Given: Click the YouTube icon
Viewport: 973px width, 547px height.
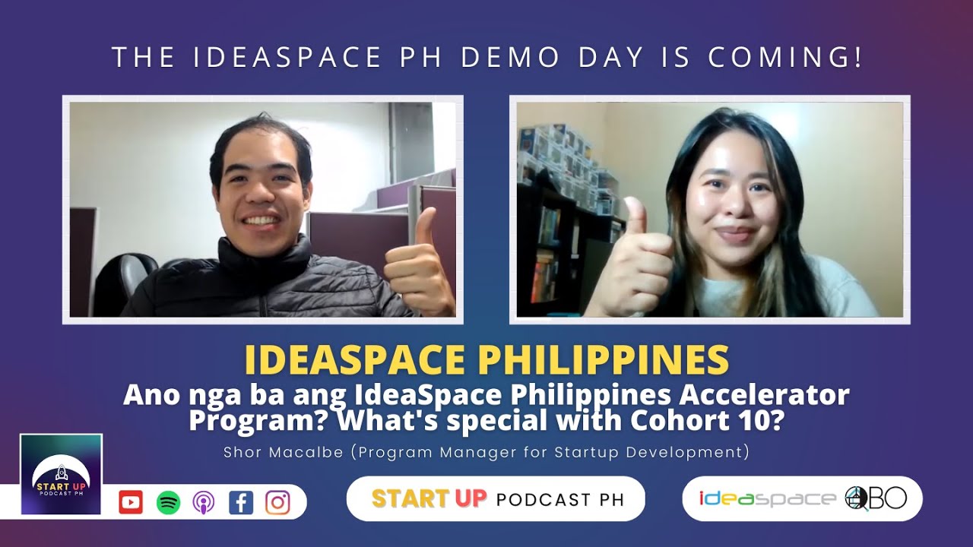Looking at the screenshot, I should pyautogui.click(x=131, y=502).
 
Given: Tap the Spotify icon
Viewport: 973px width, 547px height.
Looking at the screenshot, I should pyautogui.click(x=168, y=502).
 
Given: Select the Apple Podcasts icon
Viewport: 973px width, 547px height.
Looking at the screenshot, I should pyautogui.click(x=203, y=502).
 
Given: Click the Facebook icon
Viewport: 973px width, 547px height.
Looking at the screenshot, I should pyautogui.click(x=240, y=502).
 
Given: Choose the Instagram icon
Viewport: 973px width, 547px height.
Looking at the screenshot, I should pyautogui.click(x=277, y=502).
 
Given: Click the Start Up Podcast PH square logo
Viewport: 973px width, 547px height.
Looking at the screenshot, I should pyautogui.click(x=61, y=474).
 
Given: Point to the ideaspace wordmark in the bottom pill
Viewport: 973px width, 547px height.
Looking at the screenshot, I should pyautogui.click(x=768, y=498).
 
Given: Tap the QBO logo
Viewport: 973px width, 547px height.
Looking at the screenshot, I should pyautogui.click(x=876, y=498).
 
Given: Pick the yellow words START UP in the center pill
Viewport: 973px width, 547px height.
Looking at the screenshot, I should pyautogui.click(x=429, y=498).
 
